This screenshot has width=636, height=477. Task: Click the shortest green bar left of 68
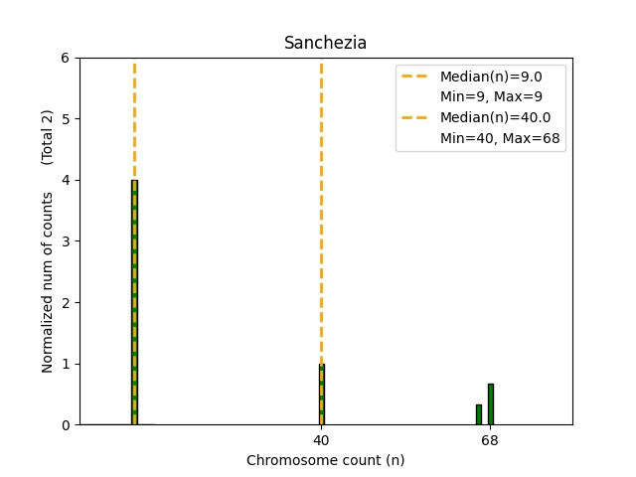[478, 414]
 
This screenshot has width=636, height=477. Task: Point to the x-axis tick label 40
[321, 439]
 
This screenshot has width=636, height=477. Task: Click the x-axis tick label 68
[490, 439]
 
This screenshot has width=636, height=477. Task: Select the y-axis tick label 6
[65, 58]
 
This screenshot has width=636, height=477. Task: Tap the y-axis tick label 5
[65, 119]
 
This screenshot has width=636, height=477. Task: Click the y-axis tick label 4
[65, 180]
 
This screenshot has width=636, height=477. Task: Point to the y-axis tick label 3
[65, 241]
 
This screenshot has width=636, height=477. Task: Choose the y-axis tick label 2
[65, 302]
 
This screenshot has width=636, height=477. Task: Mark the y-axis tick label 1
[65, 364]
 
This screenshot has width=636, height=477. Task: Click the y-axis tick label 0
[65, 424]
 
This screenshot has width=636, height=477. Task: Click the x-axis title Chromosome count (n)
[325, 460]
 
